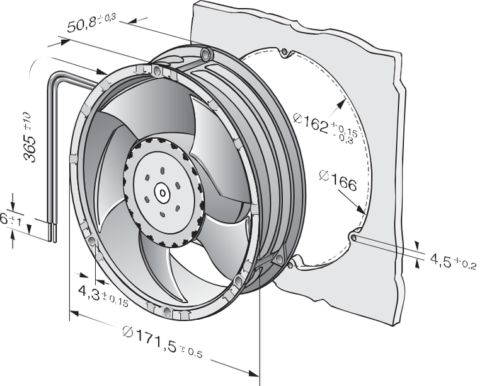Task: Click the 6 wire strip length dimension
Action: pos(6,219)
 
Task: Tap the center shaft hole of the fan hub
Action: pos(162,192)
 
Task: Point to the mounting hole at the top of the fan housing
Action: pos(205,50)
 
